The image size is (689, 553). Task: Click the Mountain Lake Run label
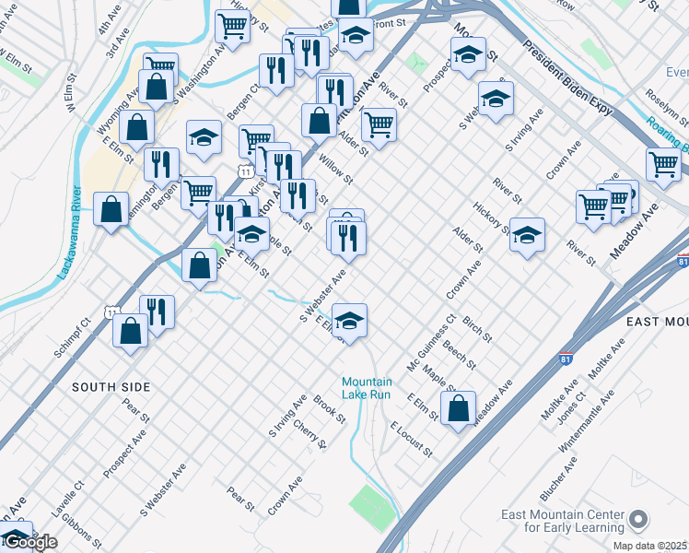(367, 388)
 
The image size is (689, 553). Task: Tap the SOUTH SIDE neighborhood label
(111, 388)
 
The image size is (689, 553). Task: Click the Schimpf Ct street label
(70, 339)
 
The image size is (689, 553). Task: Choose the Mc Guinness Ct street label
(439, 342)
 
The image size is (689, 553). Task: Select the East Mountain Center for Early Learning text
(561, 522)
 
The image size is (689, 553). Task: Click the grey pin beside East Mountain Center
(637, 522)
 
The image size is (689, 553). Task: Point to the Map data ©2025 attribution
(649, 546)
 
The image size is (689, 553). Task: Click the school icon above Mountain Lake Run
(350, 321)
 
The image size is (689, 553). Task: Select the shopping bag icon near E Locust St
(458, 407)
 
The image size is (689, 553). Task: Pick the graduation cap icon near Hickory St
(527, 236)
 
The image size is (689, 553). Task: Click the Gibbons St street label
(82, 526)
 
